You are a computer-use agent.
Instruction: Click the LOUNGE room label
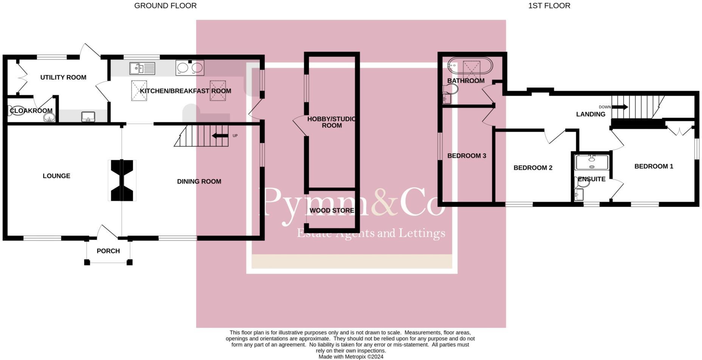pos(56,176)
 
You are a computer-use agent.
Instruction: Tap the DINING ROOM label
pos(199,182)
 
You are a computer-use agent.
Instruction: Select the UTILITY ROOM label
pos(63,78)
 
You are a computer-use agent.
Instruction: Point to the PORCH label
pos(108,251)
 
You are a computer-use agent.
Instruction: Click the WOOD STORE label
pos(332,211)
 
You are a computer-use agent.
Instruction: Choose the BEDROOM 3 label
pos(466,156)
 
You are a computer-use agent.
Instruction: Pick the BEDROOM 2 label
pos(533,168)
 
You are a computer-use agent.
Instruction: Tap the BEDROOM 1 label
pos(654,166)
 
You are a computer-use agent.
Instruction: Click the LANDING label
pos(590,114)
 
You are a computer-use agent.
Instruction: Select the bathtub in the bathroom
pos(470,67)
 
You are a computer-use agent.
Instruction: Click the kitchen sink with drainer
pos(142,68)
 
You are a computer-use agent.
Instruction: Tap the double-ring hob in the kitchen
pos(189,68)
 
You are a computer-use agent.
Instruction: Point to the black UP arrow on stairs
pos(220,136)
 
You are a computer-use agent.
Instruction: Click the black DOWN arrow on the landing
pos(620,107)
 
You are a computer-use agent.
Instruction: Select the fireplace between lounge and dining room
pos(121,180)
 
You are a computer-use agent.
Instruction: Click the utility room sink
pos(88,117)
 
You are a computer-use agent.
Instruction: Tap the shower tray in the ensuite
pos(592,162)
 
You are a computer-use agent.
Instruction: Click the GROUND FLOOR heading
pos(165,6)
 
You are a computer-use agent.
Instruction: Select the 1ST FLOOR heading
pos(549,6)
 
